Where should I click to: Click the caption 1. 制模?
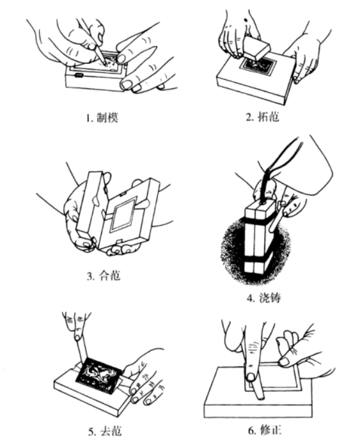(102, 118)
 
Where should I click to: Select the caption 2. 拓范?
(262, 116)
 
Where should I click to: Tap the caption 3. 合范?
(104, 275)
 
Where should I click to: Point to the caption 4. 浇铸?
(264, 298)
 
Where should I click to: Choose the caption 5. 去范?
(105, 431)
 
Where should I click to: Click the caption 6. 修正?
(265, 430)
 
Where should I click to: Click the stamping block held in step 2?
(256, 47)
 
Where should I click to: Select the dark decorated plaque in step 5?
(99, 374)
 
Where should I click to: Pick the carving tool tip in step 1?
(105, 64)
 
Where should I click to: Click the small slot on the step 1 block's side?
(79, 75)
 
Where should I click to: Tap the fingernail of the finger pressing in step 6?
(251, 377)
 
